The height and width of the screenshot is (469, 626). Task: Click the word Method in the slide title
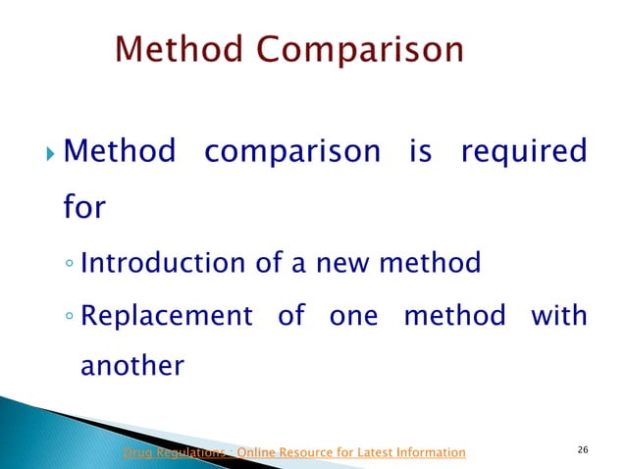[x=178, y=51]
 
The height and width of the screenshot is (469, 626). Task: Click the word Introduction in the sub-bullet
[x=154, y=263]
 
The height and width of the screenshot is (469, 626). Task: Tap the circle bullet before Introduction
[x=69, y=265]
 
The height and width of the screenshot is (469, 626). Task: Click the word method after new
[x=429, y=263]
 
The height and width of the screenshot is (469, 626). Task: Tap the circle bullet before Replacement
[x=69, y=319]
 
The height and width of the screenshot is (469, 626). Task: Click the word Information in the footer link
[x=427, y=452]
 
